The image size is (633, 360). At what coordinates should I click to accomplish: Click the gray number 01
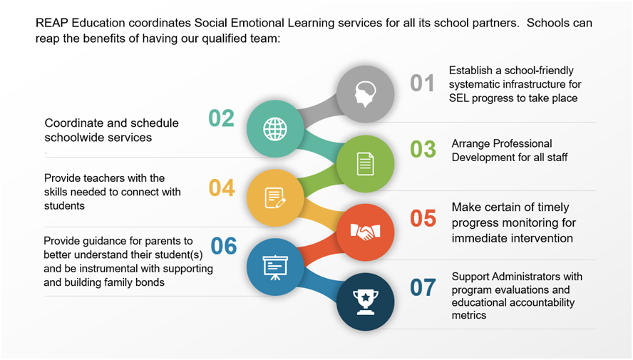pos(422,83)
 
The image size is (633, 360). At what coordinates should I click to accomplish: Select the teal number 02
pos(221,118)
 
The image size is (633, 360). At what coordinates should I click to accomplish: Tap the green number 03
pos(423,149)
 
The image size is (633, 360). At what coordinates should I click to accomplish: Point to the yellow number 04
pos(222,188)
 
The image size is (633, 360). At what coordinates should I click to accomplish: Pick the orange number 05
pos(423,218)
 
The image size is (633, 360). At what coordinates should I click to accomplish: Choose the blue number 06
pos(224,246)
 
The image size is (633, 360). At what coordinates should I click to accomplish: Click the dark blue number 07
pos(423,288)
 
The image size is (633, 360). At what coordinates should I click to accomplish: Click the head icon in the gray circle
pos(366,94)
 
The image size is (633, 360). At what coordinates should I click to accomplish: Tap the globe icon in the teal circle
pos(275,129)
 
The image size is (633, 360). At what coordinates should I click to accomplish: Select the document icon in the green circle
pos(366,164)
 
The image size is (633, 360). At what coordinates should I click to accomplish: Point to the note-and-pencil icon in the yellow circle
pos(275,198)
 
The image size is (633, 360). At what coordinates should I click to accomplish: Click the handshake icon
pos(366,232)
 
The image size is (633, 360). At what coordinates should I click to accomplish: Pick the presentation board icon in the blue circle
pos(275,267)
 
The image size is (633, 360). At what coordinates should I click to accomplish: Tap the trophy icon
pos(366,302)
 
